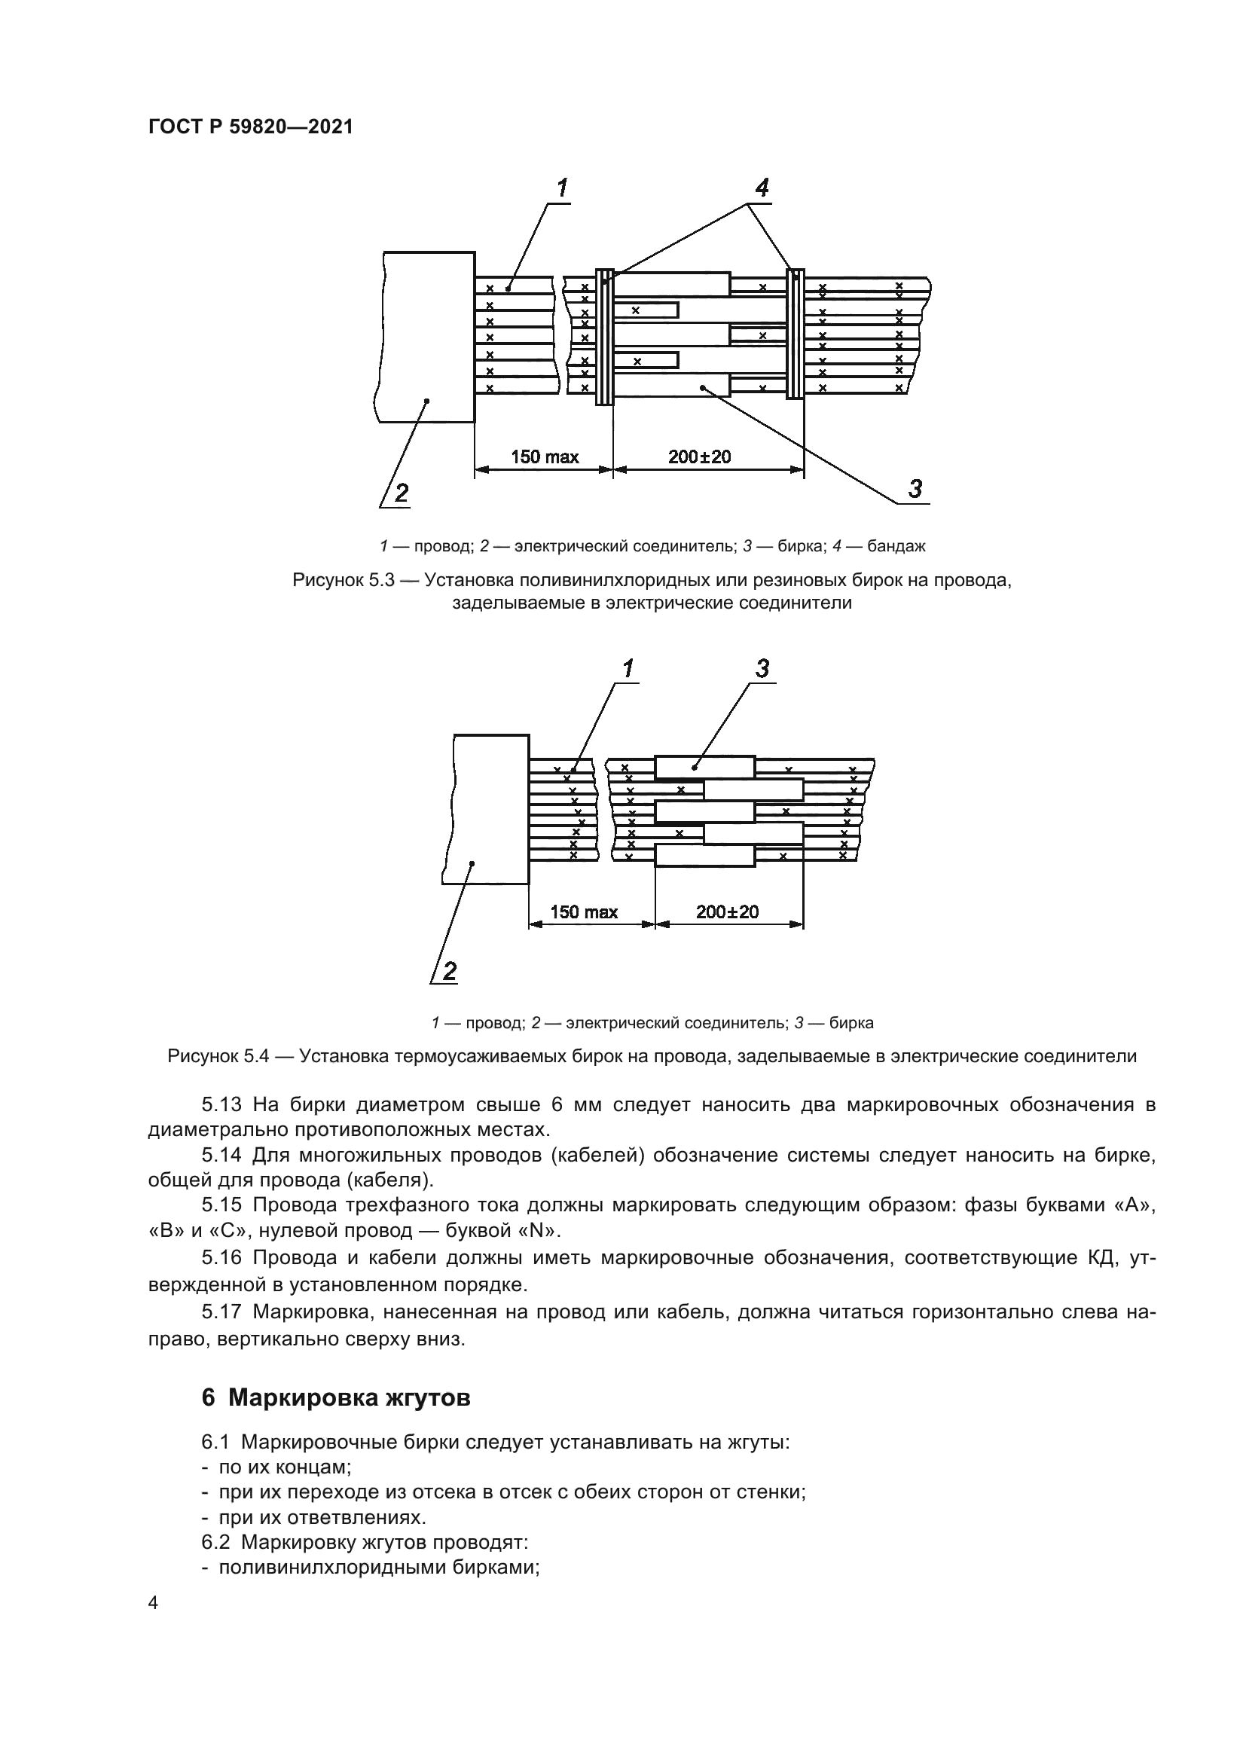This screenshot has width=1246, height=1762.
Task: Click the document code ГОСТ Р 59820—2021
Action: click(x=250, y=127)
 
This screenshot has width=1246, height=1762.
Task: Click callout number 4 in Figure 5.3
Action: click(x=761, y=188)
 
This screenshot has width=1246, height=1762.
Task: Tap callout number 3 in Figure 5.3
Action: click(x=915, y=488)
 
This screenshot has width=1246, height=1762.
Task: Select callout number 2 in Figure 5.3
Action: click(x=402, y=493)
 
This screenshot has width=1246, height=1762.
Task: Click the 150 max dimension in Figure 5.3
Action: click(x=545, y=457)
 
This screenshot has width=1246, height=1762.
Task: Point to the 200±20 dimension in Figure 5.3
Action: click(x=699, y=457)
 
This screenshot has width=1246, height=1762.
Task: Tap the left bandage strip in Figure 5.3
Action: click(x=606, y=336)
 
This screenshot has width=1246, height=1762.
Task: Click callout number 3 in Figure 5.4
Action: click(x=761, y=669)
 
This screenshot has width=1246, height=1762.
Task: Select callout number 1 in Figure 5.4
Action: click(x=628, y=669)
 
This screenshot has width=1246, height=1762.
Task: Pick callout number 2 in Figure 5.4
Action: click(x=449, y=972)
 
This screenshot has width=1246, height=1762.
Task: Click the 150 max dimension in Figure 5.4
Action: click(x=584, y=912)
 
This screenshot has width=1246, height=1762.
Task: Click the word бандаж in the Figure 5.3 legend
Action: click(x=897, y=546)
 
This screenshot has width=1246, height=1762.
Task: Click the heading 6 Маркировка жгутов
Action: click(x=335, y=1397)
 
